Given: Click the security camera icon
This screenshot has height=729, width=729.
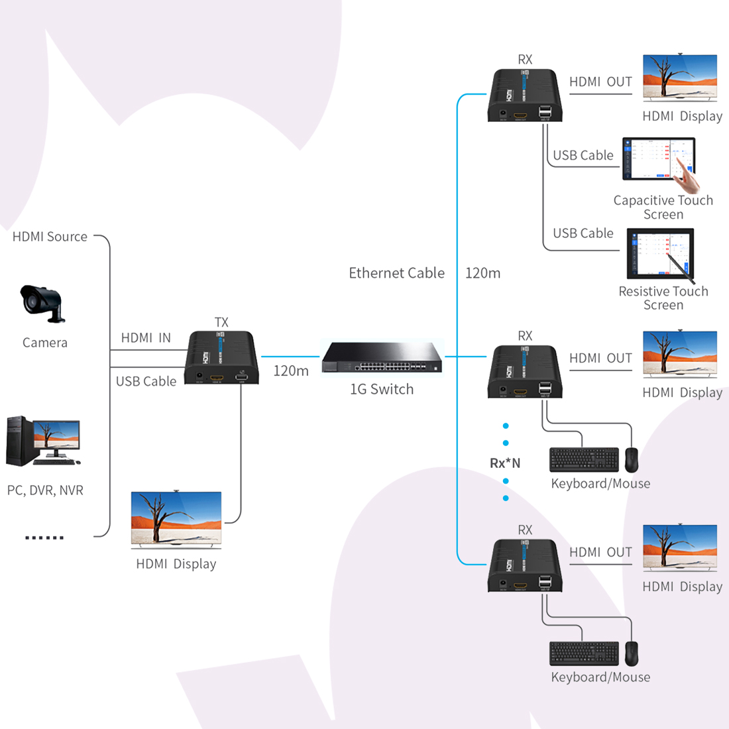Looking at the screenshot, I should [42, 303].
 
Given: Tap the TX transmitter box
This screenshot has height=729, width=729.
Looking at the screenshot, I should [221, 358].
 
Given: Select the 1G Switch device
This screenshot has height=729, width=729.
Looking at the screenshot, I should [382, 359].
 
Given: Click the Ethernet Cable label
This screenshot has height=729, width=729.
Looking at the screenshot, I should [396, 273].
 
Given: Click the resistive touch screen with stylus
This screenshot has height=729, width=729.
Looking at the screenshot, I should [661, 254].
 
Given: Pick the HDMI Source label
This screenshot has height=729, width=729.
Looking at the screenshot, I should [50, 237].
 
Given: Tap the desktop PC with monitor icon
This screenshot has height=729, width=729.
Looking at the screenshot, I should [42, 441].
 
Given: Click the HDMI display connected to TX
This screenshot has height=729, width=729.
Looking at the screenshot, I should [176, 520].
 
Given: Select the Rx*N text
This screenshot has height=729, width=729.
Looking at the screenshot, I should [505, 463].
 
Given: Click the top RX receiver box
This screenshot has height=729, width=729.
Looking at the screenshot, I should [526, 95].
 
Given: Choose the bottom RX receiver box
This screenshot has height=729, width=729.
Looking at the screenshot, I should [526, 566].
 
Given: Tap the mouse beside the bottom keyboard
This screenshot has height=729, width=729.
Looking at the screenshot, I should [632, 653].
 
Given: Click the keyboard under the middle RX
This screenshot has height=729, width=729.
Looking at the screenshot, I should [583, 460].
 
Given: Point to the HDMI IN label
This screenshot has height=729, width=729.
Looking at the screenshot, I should [146, 338].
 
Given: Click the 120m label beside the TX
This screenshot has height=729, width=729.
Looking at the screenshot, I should [291, 371].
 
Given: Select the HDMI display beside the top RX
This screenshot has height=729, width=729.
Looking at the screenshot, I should [680, 78].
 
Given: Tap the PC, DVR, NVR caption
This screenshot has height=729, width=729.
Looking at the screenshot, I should [45, 490].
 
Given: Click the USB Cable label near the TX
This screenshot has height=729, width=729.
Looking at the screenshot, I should [146, 381].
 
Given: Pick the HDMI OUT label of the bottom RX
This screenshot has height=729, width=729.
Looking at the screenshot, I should [600, 552].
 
